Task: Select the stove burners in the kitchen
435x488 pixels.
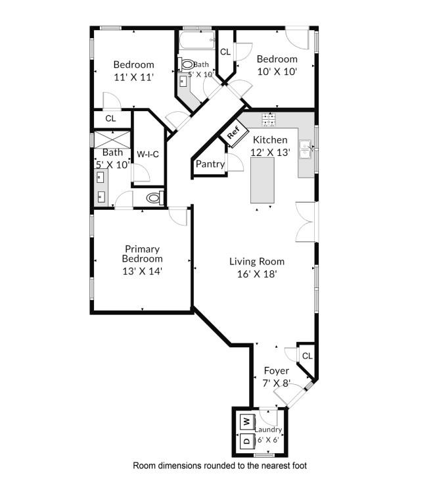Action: point(269,119)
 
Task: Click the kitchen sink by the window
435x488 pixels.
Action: point(306,151)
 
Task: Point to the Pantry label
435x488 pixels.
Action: point(210,164)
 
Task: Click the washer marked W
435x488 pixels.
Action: point(246,420)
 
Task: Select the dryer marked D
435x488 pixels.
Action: point(246,441)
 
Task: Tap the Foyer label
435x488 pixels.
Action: point(276,370)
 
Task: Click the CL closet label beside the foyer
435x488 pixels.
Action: point(306,355)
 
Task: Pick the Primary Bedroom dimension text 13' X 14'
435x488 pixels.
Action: point(143,270)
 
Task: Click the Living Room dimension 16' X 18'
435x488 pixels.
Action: point(256,274)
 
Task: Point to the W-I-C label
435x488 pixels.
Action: point(148,155)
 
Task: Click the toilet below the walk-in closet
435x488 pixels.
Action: point(153,197)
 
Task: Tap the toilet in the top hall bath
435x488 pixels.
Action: point(187,64)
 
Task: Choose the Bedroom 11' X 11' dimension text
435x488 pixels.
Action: point(133,77)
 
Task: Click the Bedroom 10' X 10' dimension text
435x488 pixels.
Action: point(277,71)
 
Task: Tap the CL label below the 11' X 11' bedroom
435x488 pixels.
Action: point(110,119)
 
